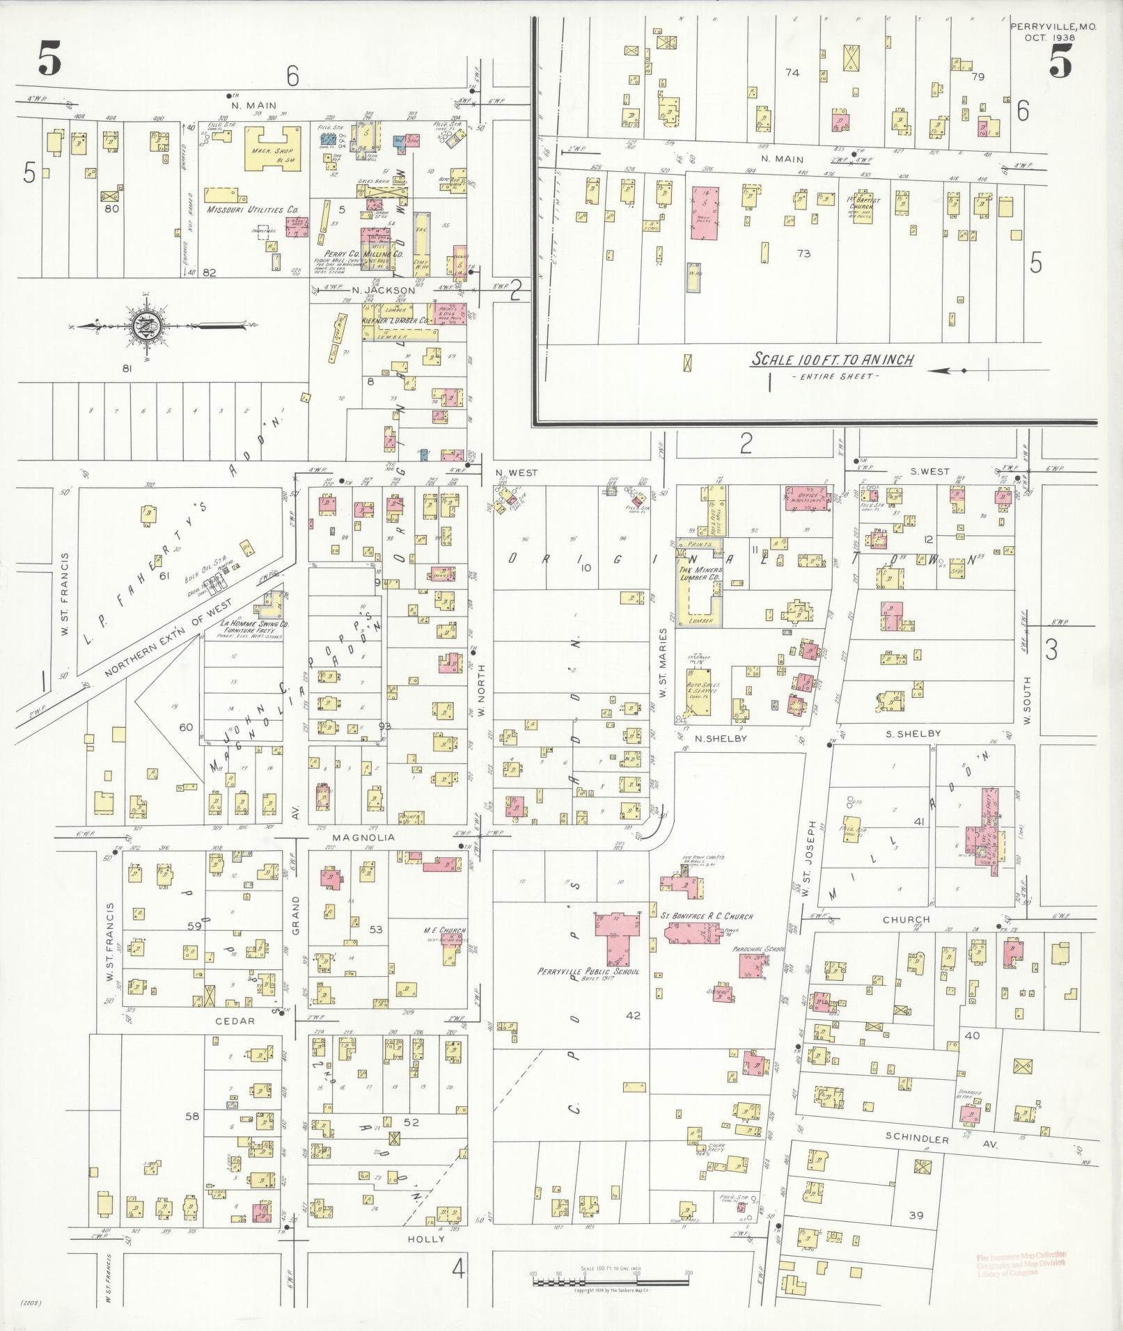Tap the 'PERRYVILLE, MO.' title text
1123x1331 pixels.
1043,26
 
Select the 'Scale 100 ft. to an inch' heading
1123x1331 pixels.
832,360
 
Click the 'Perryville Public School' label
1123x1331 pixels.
588,972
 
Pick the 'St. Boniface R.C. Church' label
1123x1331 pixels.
707,916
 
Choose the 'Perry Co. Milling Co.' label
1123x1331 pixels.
364,255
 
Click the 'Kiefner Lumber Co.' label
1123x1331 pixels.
395,321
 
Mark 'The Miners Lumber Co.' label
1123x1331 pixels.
700,575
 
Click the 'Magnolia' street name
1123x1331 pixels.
363,838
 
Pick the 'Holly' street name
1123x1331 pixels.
425,1239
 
